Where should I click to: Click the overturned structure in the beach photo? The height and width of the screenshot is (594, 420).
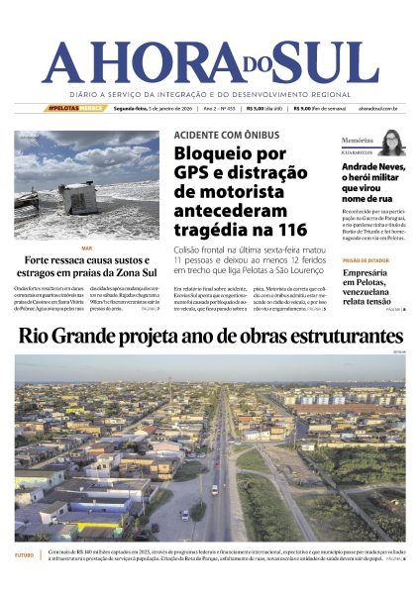tap(76, 196)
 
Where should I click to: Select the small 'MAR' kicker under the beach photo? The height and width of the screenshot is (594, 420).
tap(86, 248)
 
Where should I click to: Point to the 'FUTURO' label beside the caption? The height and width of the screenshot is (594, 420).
tap(24, 555)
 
